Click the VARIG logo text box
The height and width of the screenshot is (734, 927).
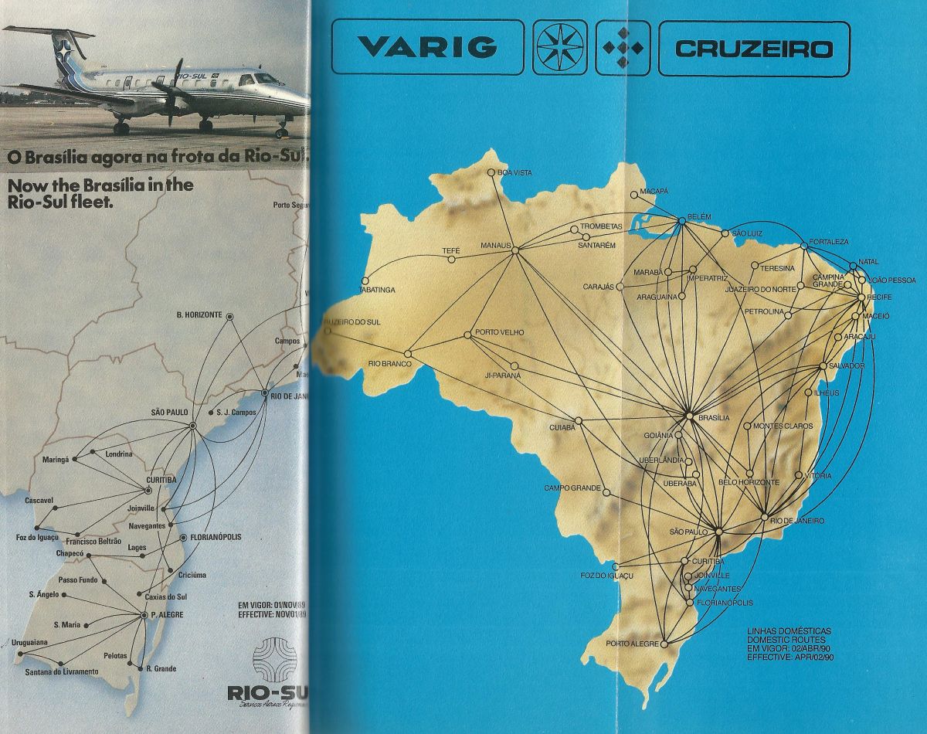(x=427, y=48)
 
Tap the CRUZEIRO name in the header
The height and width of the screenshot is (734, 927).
(x=754, y=49)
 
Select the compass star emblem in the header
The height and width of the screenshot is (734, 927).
(x=559, y=48)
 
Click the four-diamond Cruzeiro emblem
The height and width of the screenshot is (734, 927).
(x=623, y=48)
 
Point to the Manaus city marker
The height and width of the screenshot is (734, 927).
(x=515, y=249)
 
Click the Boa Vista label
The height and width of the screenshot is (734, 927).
(x=516, y=173)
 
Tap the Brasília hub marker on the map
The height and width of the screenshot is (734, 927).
(x=689, y=416)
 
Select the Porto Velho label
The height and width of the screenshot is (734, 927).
(x=500, y=333)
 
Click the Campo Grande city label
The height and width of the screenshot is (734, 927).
(x=572, y=488)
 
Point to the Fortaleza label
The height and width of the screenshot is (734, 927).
(x=828, y=241)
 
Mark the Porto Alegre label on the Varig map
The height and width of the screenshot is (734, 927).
(x=631, y=644)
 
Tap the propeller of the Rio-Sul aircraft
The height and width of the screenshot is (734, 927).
(x=174, y=90)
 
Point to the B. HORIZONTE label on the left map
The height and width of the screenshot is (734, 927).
(x=199, y=314)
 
